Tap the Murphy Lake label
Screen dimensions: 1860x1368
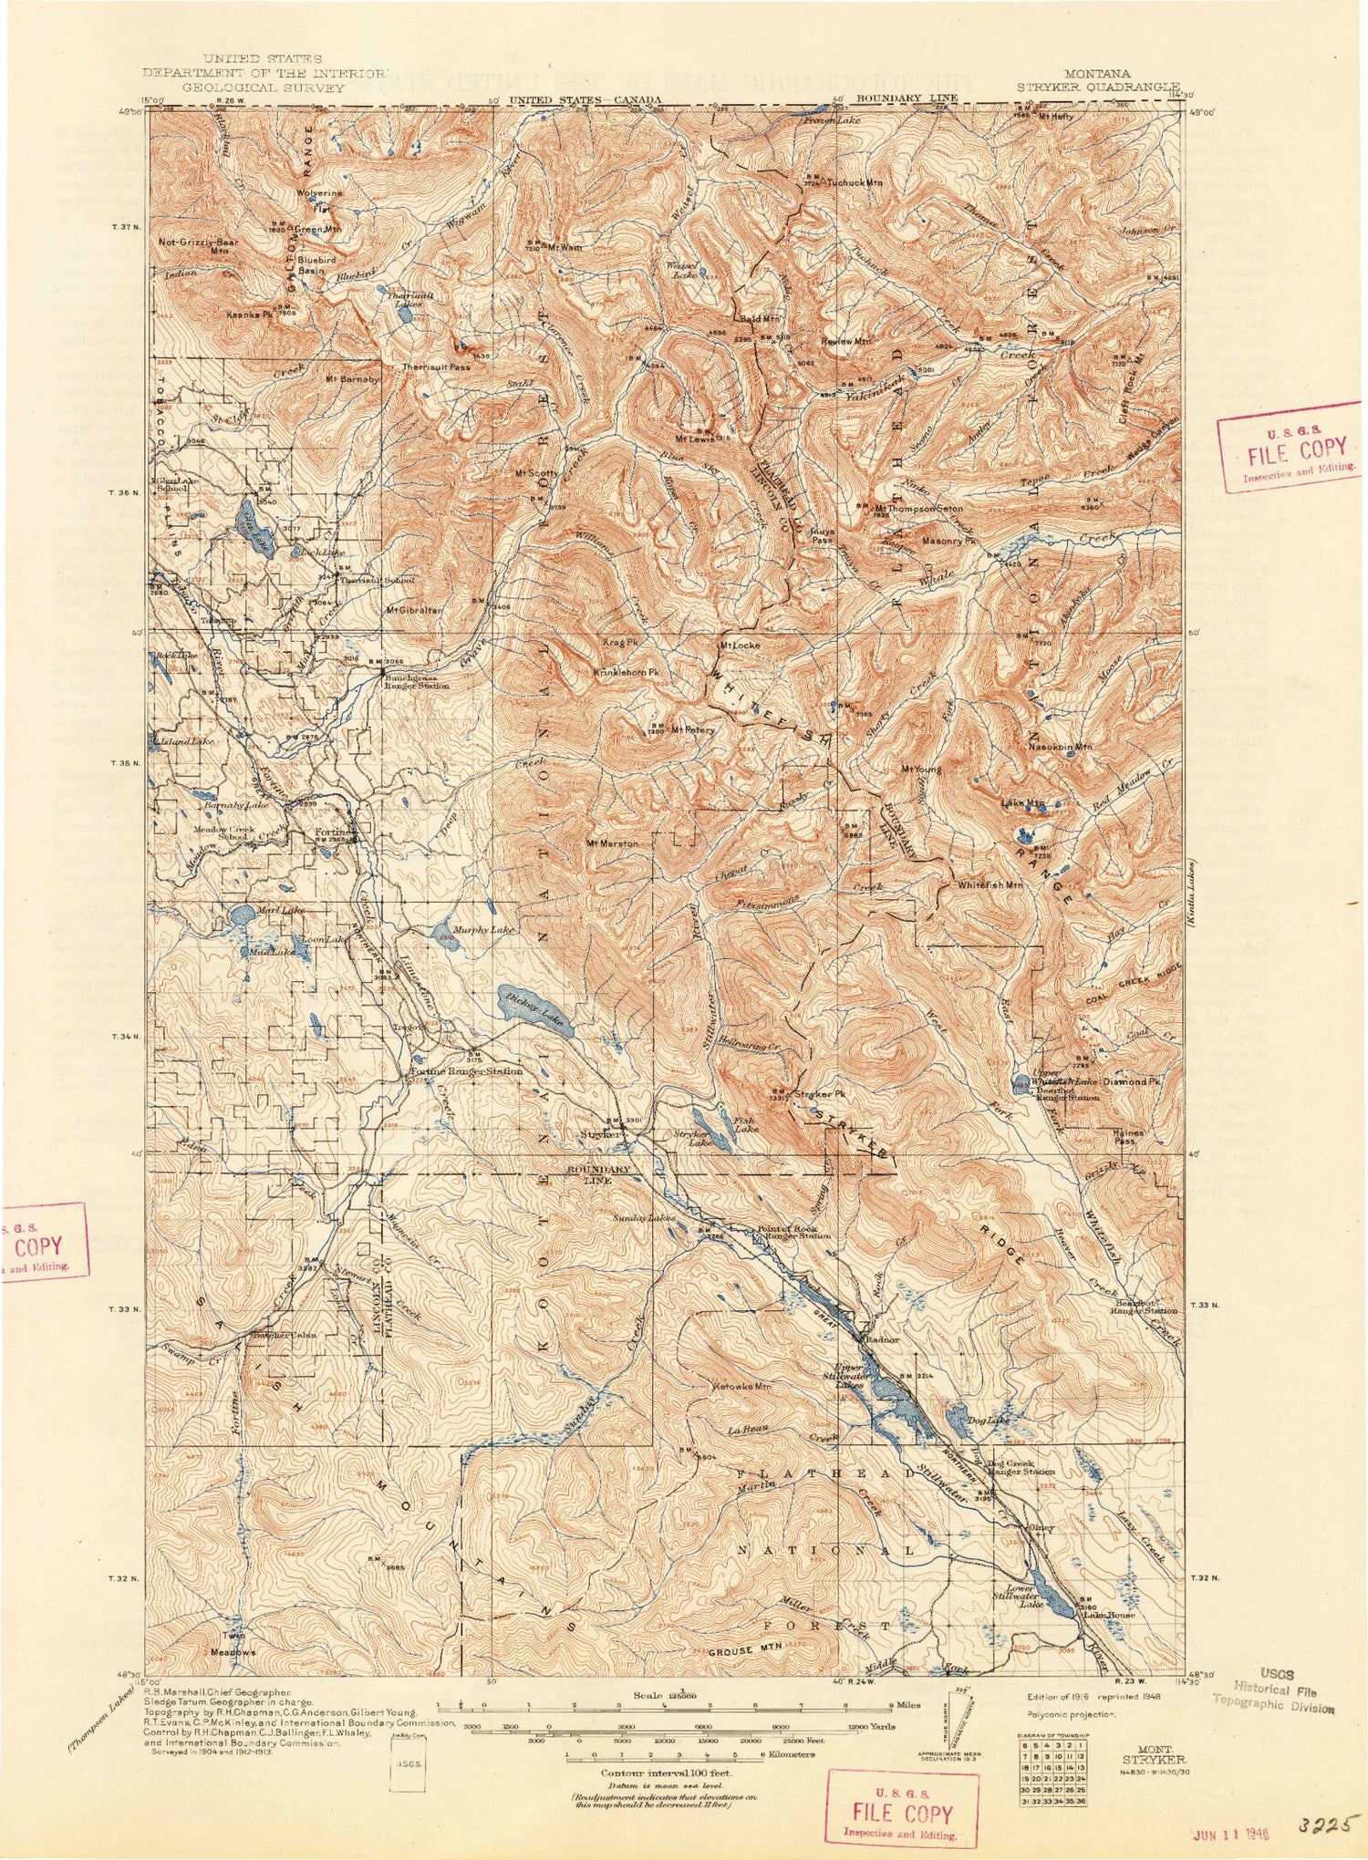coord(483,931)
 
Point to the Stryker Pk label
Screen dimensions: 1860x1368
coord(817,1092)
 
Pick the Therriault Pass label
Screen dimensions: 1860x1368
coord(436,367)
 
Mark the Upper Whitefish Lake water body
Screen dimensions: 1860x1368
coord(1021,1082)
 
